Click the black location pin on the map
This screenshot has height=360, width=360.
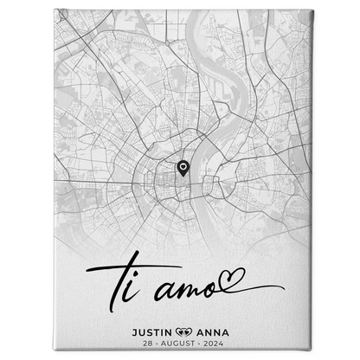(x=183, y=169)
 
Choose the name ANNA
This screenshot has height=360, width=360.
(x=215, y=329)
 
